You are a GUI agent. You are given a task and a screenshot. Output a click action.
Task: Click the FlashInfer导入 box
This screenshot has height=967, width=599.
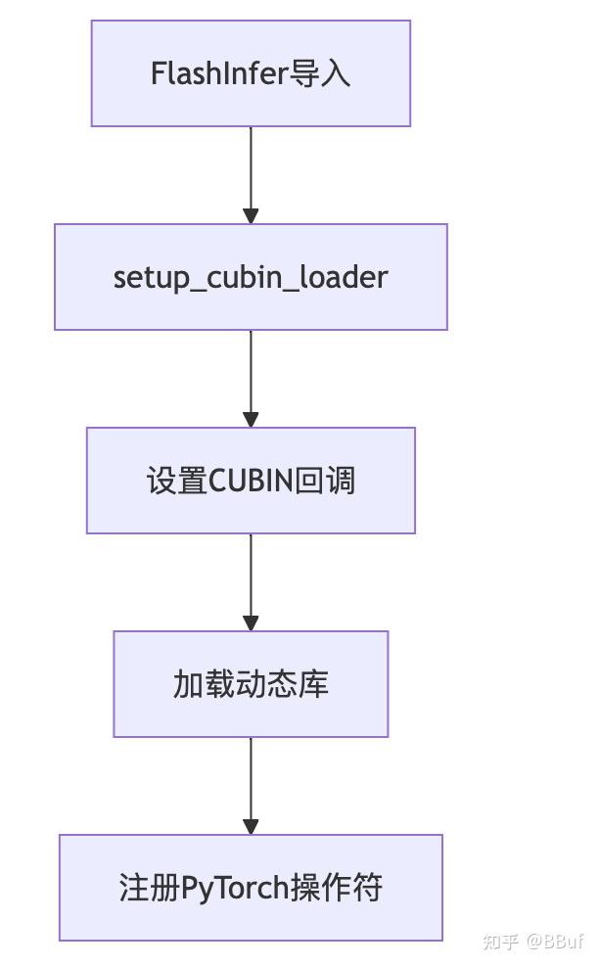(x=251, y=73)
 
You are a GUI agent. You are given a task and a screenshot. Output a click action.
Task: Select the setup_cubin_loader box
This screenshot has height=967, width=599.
(x=251, y=277)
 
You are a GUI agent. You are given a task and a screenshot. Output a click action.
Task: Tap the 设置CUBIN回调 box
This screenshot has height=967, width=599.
(x=251, y=481)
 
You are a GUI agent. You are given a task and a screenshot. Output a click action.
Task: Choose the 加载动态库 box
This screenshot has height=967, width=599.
(x=251, y=684)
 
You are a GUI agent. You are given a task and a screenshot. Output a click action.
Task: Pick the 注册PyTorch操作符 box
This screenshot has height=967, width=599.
(x=251, y=888)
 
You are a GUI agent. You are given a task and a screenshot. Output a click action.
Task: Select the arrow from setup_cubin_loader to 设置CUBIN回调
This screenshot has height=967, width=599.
(x=251, y=378)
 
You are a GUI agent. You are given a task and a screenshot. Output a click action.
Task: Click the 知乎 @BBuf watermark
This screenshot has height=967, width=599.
(x=533, y=942)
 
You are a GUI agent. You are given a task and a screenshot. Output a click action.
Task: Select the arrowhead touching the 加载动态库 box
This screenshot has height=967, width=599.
(x=251, y=622)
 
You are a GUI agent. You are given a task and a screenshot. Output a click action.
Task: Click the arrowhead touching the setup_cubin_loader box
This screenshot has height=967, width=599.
(x=251, y=215)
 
